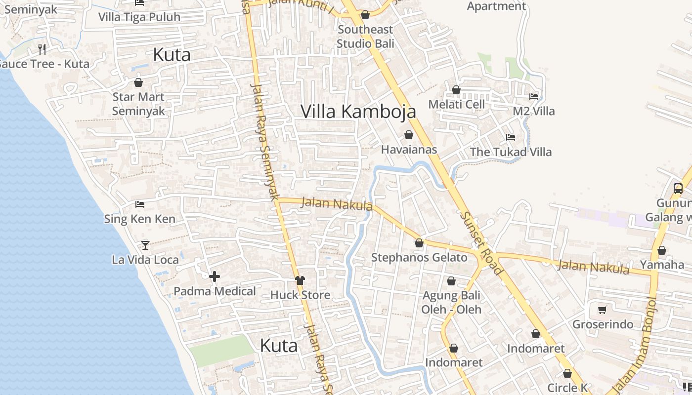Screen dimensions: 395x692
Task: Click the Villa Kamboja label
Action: coord(358,112)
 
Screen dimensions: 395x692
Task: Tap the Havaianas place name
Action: coord(409,149)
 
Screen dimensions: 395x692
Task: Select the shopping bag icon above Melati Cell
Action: coord(456,90)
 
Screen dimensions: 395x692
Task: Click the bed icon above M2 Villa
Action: coord(534,97)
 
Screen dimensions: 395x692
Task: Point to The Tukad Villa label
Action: coord(511,152)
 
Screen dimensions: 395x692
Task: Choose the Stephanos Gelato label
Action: coord(419,257)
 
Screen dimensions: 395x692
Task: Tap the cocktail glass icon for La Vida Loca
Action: coord(145,245)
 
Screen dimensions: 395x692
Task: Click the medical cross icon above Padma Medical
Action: coord(215,276)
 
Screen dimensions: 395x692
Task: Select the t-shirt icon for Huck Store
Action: coord(300,280)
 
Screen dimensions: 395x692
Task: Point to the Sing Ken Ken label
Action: coord(139,219)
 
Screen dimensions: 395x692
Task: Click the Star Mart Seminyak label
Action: coord(138,104)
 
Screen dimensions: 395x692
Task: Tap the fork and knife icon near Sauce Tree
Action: coord(42,49)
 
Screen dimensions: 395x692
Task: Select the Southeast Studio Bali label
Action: coord(365,37)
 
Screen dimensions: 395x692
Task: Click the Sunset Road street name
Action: coord(481,243)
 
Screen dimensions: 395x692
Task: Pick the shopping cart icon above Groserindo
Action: coord(603,310)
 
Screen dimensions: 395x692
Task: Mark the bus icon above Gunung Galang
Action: coord(678,189)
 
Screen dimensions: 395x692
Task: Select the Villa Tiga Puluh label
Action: coord(139,17)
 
